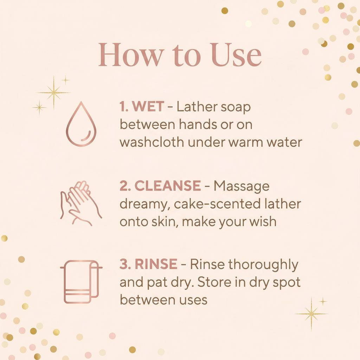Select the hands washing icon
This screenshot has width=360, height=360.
81,203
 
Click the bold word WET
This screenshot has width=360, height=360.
148,107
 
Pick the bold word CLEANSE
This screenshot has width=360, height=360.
168,186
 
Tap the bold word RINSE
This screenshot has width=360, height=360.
156,264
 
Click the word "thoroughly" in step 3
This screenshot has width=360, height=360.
263,264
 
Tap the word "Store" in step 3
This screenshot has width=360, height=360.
215,282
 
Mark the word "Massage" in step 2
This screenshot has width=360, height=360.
242,186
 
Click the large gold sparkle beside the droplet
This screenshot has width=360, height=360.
53,92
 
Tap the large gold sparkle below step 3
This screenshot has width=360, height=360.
311,314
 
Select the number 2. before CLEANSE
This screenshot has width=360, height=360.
126,186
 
